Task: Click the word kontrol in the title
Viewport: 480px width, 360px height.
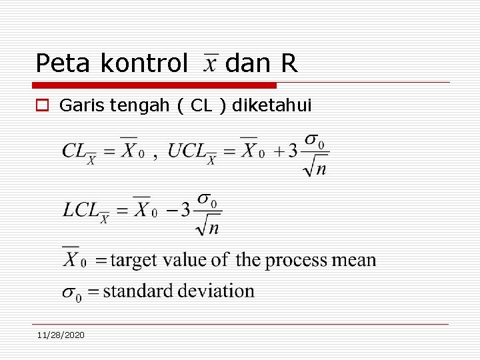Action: coord(143,63)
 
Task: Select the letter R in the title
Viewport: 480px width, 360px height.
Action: coord(289,63)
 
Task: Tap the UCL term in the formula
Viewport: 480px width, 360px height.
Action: coord(190,152)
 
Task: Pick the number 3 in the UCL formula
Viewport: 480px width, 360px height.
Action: coord(292,151)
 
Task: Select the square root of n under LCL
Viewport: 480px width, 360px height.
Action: coord(209,227)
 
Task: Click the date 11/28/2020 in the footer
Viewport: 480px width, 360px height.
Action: coord(61,335)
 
